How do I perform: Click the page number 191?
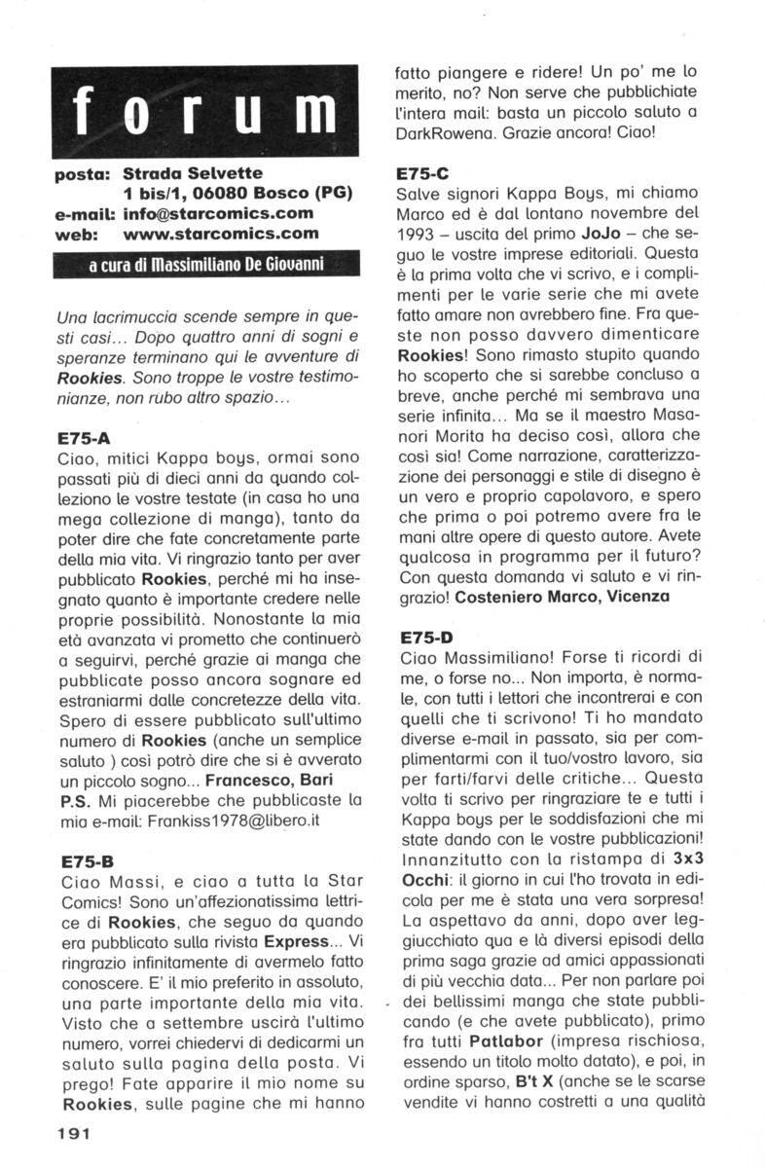(74, 1133)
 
